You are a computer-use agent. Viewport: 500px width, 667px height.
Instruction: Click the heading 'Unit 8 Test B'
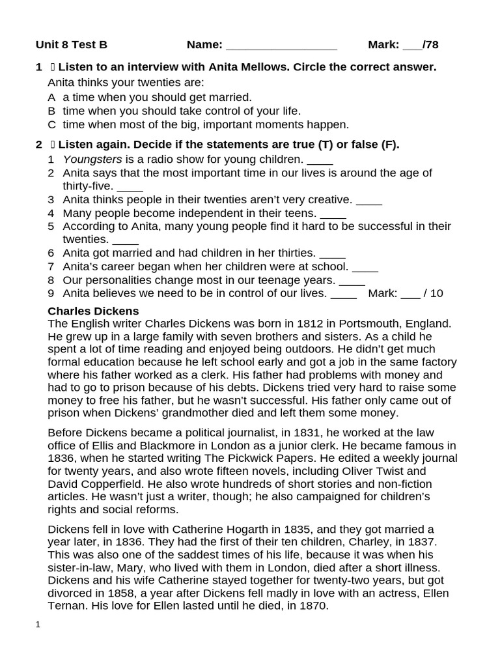click(x=72, y=45)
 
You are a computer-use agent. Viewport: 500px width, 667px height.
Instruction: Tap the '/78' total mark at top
click(x=430, y=45)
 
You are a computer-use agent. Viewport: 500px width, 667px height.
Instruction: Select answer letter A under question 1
click(x=51, y=97)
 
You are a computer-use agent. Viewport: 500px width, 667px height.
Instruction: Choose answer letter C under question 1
click(x=51, y=124)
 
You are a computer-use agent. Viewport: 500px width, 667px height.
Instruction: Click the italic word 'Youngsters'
click(x=88, y=159)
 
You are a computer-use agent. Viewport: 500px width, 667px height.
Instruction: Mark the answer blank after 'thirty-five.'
click(x=130, y=188)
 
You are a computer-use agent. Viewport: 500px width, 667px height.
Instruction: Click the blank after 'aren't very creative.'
click(x=369, y=201)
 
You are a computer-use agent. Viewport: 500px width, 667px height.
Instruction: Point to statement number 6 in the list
click(x=51, y=253)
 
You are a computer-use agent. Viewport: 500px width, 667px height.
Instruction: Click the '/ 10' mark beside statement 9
click(x=433, y=293)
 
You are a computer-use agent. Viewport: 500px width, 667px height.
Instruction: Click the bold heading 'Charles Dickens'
click(x=93, y=311)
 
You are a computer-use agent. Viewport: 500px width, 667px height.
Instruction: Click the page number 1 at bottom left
click(x=38, y=624)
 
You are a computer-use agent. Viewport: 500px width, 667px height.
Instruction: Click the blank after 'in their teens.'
click(x=333, y=214)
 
